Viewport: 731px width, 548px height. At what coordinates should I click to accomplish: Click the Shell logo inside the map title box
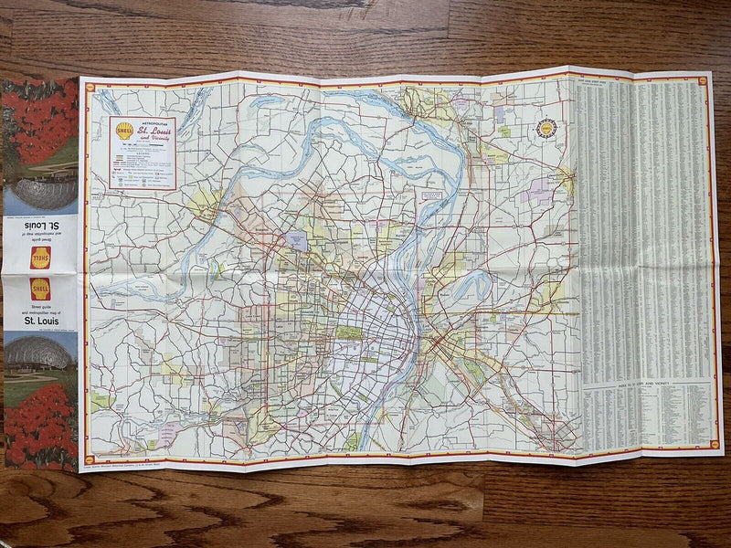pos(124,130)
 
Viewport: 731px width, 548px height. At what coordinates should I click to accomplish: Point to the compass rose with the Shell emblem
pos(547,129)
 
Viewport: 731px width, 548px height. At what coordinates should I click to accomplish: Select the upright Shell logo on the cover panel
pos(40,290)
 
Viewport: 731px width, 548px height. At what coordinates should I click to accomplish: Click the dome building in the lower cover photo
pos(38,351)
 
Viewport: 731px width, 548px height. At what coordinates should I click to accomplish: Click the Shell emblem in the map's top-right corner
pos(703,80)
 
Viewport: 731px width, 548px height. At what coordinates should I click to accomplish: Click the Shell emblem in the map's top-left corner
pos(90,88)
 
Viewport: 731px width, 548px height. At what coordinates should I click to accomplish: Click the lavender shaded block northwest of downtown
pos(297,241)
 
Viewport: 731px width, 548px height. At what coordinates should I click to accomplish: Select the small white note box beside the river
pos(430,196)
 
